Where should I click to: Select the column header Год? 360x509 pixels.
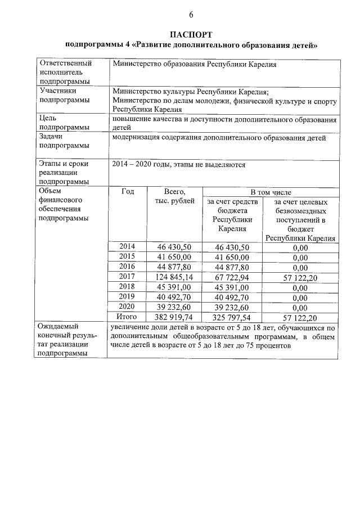tap(128, 192)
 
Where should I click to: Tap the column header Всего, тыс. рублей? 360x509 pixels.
tap(175, 196)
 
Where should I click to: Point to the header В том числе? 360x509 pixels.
tap(271, 192)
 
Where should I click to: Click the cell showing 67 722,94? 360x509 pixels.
tap(233, 277)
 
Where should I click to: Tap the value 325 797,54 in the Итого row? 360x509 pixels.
tap(233, 317)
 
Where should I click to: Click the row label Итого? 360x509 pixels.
tap(128, 317)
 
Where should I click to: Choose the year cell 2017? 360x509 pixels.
tap(128, 277)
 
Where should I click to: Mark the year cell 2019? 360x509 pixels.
tap(128, 297)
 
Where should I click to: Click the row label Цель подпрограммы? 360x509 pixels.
tap(64, 123)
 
